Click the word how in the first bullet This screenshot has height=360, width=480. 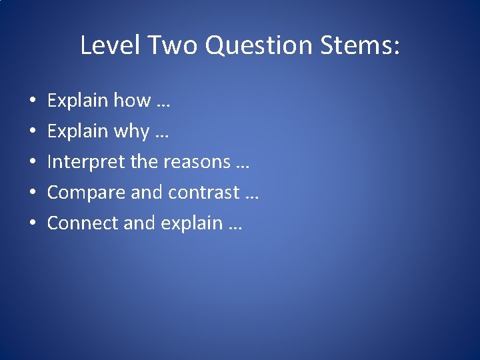(132, 101)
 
